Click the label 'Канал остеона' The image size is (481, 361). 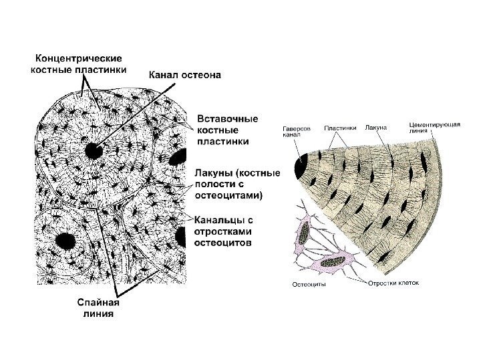coord(186,76)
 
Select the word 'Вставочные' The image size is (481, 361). coord(223,118)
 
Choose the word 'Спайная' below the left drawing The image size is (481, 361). coord(96,302)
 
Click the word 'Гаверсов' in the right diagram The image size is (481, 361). coord(295,127)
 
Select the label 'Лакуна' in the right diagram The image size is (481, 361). coord(376,127)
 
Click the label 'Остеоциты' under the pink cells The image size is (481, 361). coord(310,285)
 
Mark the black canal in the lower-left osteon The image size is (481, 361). coord(65,239)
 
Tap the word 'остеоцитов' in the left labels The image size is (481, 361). coord(224,244)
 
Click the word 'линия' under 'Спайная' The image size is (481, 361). coord(96,313)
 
